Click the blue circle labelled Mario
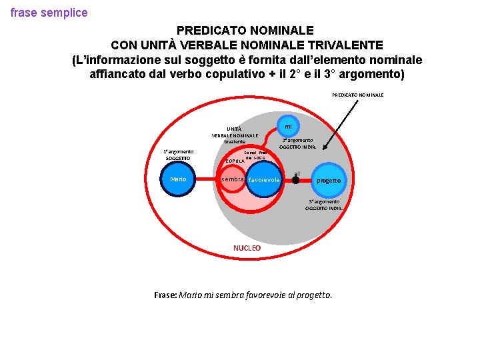178,179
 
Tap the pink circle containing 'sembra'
233,179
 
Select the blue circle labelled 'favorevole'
264,180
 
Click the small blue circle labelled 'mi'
288,126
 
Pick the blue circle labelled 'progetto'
329,180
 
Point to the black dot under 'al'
296,179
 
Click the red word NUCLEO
247,248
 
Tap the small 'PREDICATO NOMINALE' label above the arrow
357,95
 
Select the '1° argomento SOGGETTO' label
178,155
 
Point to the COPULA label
235,161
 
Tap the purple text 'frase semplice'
49,13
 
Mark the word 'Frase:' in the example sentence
165,295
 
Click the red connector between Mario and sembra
208,179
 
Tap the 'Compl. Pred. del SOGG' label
255,155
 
